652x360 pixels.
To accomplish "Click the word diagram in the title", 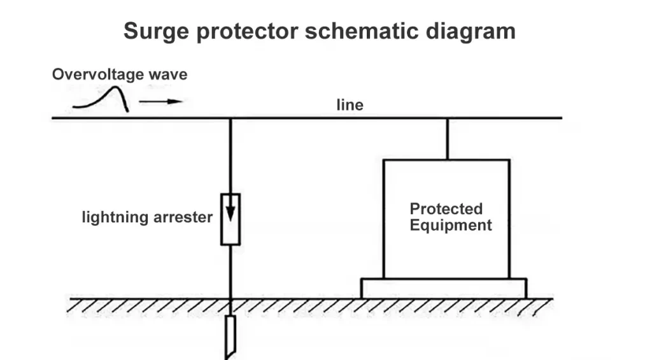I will pos(474,31).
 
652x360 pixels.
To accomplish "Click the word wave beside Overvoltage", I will pos(168,75).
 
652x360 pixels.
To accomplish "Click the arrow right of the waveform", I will pos(160,101).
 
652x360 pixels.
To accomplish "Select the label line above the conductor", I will pos(350,105).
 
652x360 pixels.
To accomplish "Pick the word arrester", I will pos(183,217).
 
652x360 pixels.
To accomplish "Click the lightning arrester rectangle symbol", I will pos(230,219).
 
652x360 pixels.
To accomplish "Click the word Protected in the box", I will pos(446,209).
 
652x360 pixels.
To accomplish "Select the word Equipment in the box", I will pos(451,225).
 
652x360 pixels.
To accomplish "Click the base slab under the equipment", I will pos(443,288).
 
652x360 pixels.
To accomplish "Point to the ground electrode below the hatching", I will pos(230,333).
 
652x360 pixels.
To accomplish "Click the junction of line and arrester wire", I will pos(230,119).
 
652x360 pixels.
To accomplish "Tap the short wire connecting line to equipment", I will pos(447,138).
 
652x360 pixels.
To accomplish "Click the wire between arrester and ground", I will pos(230,271).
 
